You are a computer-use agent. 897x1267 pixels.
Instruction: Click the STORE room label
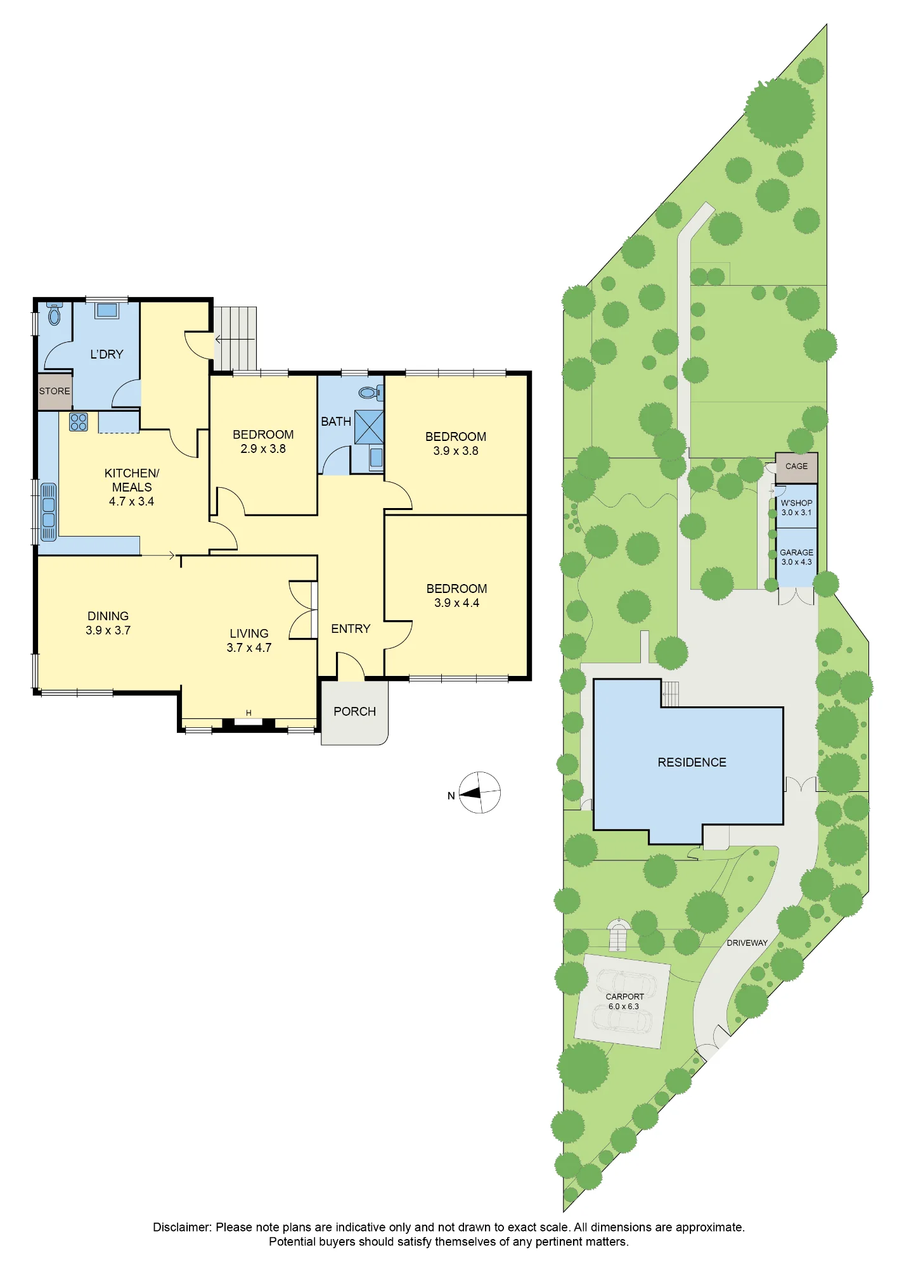55,391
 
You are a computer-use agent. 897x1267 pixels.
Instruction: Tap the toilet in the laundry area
55,313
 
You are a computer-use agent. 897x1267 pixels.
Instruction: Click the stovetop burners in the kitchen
79,422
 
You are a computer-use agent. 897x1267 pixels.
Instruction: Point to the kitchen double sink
48,513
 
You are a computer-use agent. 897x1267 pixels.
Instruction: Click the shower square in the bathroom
369,427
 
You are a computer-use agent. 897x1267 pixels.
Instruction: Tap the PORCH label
354,711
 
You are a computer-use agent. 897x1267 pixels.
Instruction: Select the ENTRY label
351,628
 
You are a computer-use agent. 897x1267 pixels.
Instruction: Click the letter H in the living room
248,713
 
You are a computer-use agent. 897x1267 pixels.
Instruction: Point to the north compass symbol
479,793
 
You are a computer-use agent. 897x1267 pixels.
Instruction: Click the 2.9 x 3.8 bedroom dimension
263,449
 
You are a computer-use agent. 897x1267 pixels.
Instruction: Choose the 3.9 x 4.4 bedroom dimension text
456,602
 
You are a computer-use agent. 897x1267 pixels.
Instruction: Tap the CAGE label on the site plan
796,466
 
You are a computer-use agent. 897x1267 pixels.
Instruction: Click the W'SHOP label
796,503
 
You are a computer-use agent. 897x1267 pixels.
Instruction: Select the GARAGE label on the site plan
796,552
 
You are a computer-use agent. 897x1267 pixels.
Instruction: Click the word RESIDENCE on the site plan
692,762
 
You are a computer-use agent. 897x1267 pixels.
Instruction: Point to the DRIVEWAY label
747,943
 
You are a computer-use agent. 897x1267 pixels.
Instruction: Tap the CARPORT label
624,996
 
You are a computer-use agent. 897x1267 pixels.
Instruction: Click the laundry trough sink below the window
106,310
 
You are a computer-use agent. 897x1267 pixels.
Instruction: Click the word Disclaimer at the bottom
182,1227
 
